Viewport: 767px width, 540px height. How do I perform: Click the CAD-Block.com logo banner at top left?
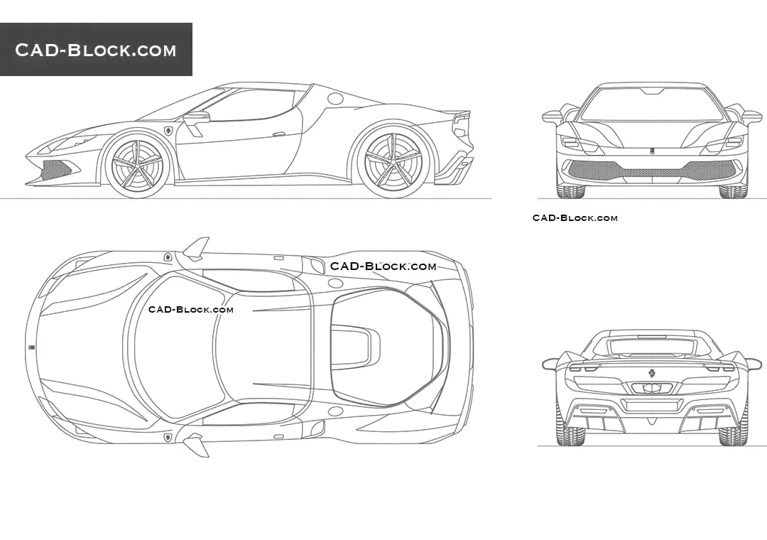coord(96,50)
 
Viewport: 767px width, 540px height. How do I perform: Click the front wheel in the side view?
coord(139,164)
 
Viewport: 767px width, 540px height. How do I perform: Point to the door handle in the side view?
coord(280,133)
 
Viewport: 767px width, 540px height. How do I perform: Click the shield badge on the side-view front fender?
coord(169,131)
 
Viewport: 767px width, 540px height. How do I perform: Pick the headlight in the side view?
coord(67,141)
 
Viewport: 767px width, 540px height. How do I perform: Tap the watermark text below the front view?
coord(575,217)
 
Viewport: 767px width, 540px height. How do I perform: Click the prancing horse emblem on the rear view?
coord(651,374)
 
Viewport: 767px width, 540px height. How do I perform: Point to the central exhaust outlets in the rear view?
coord(651,388)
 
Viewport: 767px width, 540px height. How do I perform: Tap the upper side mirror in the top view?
coord(197,247)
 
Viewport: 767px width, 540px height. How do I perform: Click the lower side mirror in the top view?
coord(195,445)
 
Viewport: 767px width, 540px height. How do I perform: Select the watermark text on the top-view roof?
coord(190,309)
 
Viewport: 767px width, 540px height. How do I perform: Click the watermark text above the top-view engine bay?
coord(383,266)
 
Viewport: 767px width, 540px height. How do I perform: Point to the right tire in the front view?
coord(733,190)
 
